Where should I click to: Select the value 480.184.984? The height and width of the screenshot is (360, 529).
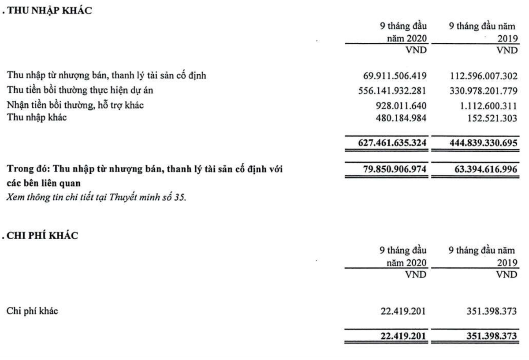pyautogui.click(x=400, y=117)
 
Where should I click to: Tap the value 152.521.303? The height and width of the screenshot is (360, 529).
pyautogui.click(x=487, y=117)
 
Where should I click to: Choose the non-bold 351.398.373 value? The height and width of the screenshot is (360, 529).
pyautogui.click(x=487, y=312)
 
